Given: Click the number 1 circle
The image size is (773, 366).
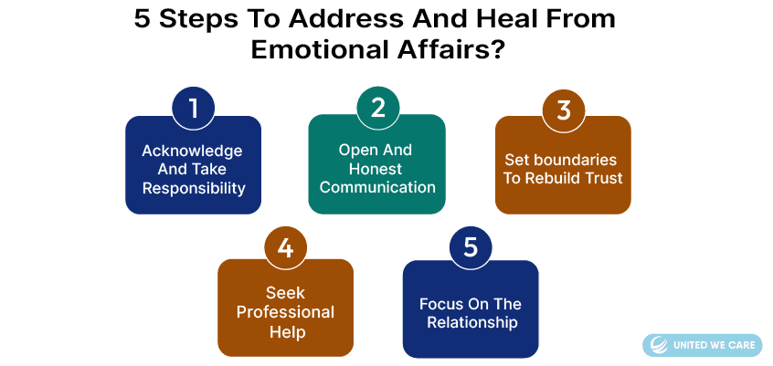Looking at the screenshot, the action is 194,109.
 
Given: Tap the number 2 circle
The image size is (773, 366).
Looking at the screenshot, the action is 378,108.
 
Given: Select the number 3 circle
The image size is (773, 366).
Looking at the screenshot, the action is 564,110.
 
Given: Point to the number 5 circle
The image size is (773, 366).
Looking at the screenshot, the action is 471,247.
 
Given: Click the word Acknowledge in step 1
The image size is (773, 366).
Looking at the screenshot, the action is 192,151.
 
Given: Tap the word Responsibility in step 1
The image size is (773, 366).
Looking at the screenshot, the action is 194,188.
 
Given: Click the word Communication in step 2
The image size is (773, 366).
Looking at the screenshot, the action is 377,187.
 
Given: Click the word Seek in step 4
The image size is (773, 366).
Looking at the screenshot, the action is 285,293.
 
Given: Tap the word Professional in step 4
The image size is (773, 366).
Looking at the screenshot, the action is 285,312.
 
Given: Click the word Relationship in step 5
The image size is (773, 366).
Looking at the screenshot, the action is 472,323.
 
